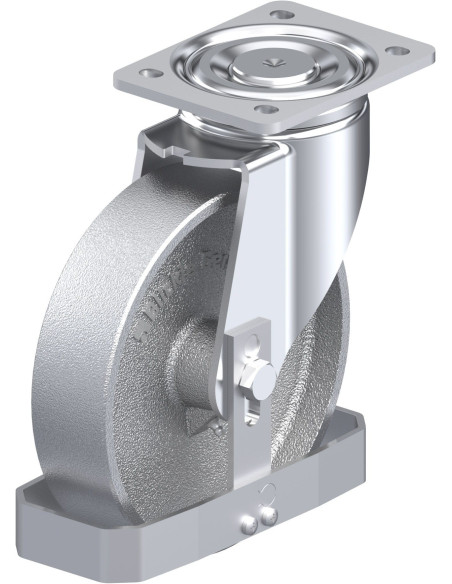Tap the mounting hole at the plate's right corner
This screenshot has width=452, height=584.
pos(396,50)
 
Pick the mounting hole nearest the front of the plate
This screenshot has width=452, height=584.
pos(263,109)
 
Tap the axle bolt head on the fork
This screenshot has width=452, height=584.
pos(259,379)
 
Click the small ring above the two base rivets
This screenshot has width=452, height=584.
pos(266,491)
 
